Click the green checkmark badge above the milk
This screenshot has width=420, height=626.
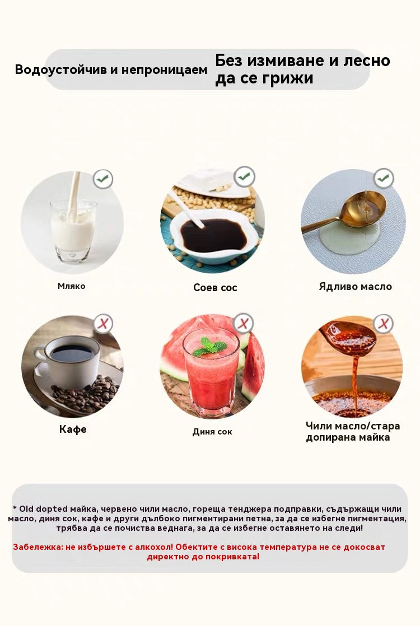[103, 179]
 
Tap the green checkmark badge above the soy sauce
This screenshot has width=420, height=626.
[244, 176]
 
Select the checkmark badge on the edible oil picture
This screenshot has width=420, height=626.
[384, 179]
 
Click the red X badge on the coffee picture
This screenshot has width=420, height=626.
[104, 324]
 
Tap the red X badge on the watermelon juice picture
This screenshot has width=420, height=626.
[244, 323]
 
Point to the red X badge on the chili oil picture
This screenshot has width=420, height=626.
[384, 323]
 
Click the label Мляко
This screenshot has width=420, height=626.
[72, 286]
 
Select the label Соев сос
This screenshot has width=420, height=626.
[215, 287]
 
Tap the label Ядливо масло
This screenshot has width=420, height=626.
[356, 287]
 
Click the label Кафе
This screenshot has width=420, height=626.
[73, 429]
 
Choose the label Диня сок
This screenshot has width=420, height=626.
[212, 432]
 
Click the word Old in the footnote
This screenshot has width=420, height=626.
[26, 509]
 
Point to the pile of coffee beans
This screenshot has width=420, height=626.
[86, 393]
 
